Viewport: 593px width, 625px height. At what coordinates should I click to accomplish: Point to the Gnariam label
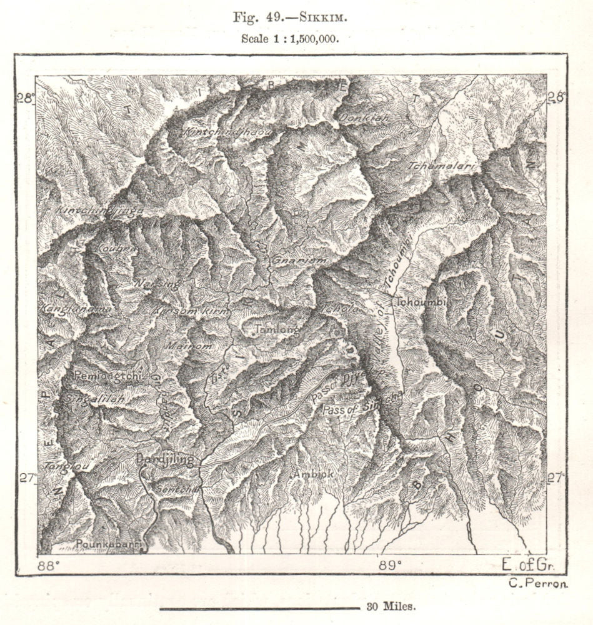click(292, 259)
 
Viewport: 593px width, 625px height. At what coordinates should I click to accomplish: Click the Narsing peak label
click(156, 283)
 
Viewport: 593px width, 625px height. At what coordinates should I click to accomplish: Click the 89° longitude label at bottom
click(387, 566)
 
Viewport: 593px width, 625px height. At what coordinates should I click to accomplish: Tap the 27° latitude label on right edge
click(555, 478)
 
